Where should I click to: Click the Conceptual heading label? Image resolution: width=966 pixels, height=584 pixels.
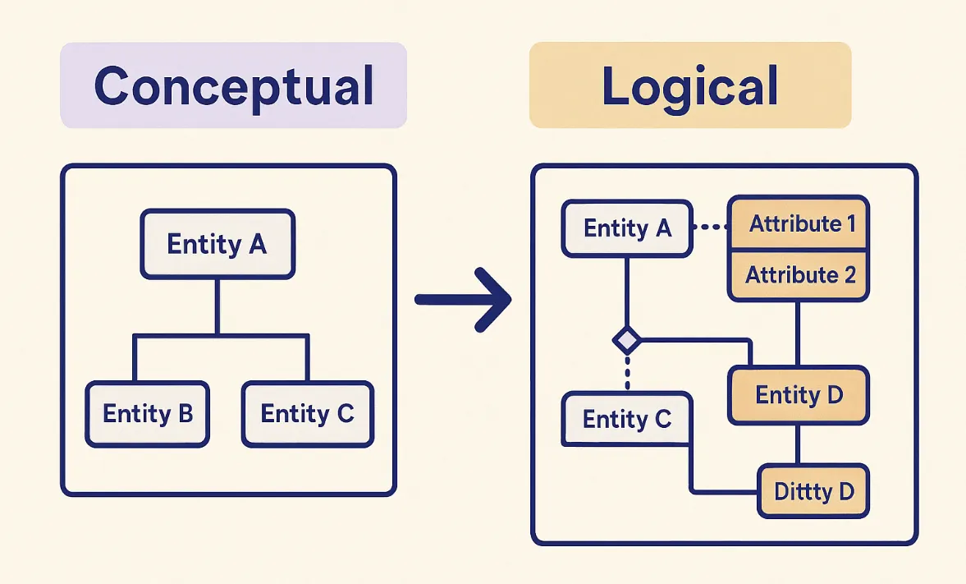pyautogui.click(x=233, y=85)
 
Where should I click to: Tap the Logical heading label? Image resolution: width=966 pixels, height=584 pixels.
pyautogui.click(x=689, y=85)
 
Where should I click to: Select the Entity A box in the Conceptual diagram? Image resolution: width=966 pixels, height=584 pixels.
pyautogui.click(x=217, y=244)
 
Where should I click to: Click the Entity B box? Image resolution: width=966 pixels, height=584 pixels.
pyautogui.click(x=148, y=413)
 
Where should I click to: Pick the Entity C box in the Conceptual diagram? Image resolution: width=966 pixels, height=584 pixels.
pyautogui.click(x=307, y=413)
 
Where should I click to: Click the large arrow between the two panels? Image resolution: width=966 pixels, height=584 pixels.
pyautogui.click(x=464, y=300)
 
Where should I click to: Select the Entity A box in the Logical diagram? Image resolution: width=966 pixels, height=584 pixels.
pyautogui.click(x=627, y=228)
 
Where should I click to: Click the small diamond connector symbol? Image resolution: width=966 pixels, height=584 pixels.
pyautogui.click(x=627, y=338)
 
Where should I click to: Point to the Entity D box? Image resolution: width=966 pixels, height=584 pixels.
pyautogui.click(x=799, y=395)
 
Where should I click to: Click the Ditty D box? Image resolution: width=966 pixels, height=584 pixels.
pyautogui.click(x=813, y=492)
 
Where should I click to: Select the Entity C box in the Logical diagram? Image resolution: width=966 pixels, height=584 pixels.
pyautogui.click(x=627, y=420)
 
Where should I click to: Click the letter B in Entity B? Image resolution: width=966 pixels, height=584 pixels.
pyautogui.click(x=185, y=413)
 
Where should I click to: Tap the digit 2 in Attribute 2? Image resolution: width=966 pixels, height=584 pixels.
pyautogui.click(x=849, y=275)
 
